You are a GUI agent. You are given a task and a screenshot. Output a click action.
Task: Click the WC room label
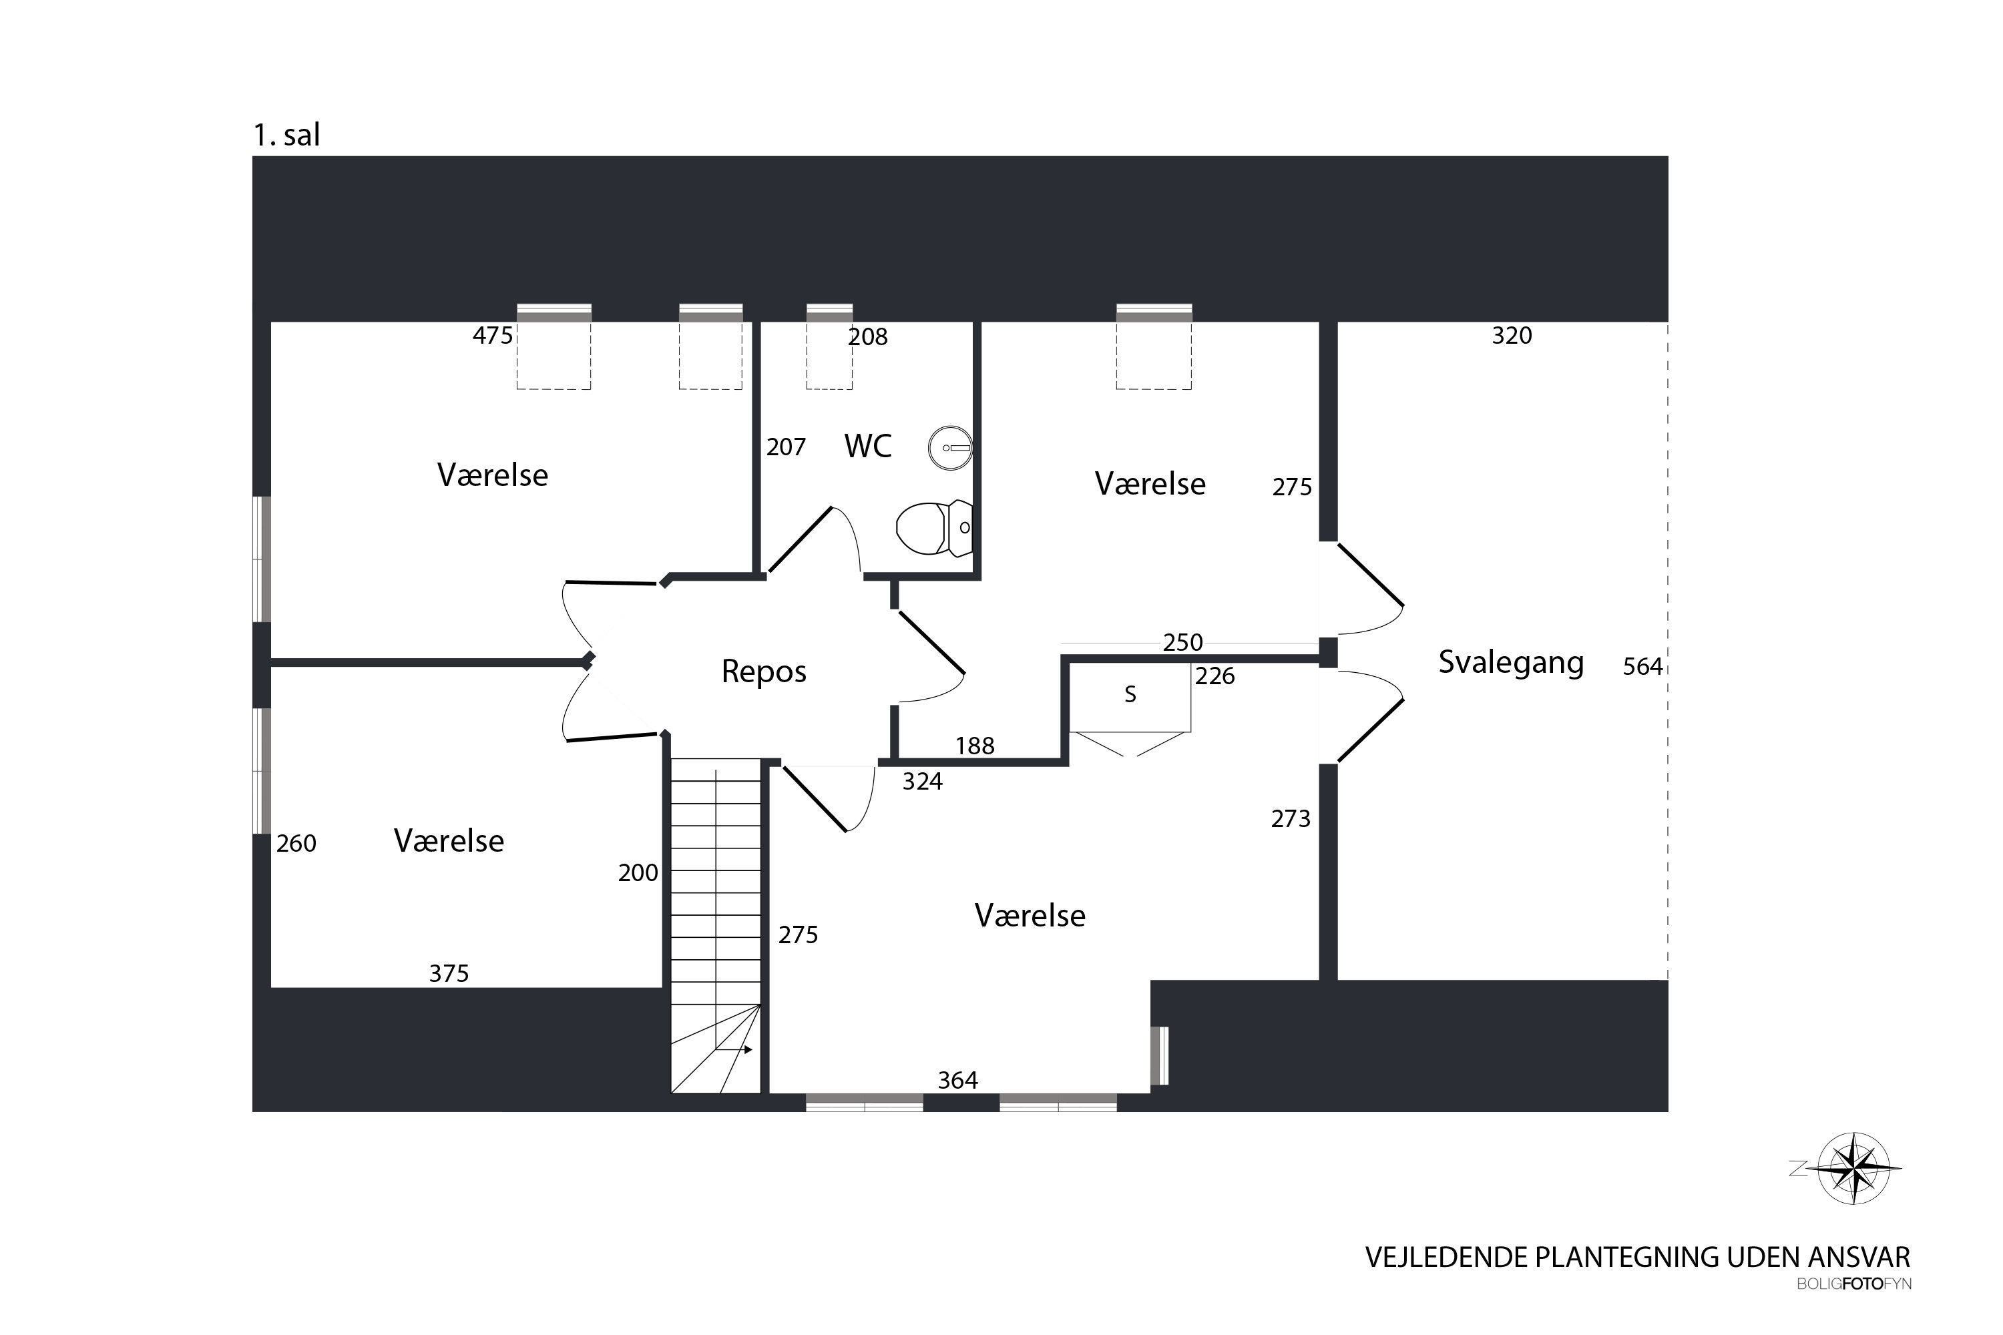click(x=868, y=445)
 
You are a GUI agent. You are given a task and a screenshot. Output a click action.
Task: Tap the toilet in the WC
click(x=934, y=528)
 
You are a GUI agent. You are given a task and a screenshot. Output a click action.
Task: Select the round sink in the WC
click(x=950, y=448)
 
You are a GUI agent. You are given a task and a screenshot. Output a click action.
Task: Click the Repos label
click(x=764, y=672)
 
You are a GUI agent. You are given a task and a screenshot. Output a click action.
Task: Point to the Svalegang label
click(x=1511, y=662)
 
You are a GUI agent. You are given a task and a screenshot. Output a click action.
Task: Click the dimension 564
click(x=1642, y=667)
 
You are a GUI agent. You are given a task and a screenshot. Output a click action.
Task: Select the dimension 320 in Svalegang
click(x=1512, y=336)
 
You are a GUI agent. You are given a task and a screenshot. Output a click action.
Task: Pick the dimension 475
click(x=493, y=336)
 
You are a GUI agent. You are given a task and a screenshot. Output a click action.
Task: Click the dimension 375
click(x=449, y=973)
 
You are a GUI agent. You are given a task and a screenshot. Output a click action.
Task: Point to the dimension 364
click(x=958, y=1081)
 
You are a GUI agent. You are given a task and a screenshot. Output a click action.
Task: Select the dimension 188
click(x=975, y=746)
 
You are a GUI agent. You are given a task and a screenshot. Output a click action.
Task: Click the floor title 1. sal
click(x=286, y=135)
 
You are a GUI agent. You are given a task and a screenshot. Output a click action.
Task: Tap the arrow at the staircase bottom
click(x=734, y=1050)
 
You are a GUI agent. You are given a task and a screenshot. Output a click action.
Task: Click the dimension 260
click(x=296, y=844)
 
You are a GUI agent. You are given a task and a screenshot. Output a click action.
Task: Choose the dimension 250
click(x=1183, y=642)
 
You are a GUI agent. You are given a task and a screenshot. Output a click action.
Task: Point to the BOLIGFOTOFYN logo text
click(x=1854, y=1284)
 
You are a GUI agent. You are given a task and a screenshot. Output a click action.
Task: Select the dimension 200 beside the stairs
click(x=638, y=872)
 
